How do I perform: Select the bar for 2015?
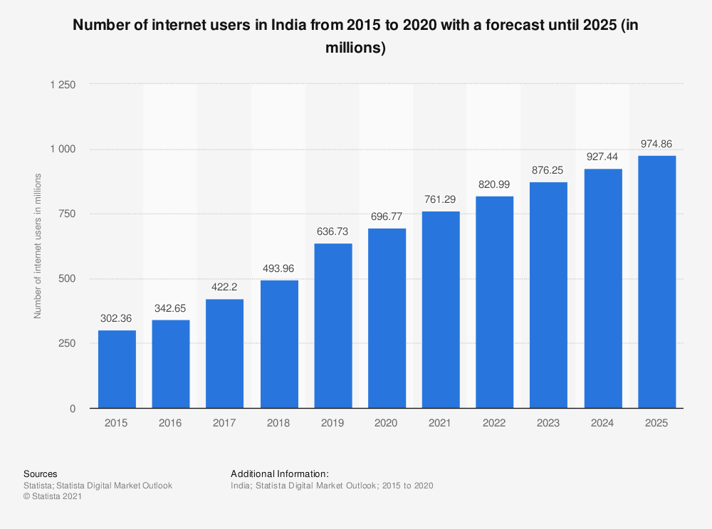click(117, 369)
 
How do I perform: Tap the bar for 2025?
click(657, 282)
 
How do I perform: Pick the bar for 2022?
click(495, 302)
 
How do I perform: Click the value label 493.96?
click(279, 268)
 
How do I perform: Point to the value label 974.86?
click(657, 144)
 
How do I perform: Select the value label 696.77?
click(387, 216)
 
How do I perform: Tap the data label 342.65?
click(171, 308)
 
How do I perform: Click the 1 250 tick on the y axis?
click(63, 84)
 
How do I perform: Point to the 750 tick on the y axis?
click(68, 214)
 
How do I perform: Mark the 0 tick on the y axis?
click(73, 409)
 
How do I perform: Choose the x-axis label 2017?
click(225, 423)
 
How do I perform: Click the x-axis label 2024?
click(603, 423)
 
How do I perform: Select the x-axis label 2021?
click(441, 423)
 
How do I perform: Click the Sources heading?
click(41, 473)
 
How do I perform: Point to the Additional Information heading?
click(280, 473)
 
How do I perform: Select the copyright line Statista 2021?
click(53, 497)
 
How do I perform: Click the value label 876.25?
click(549, 170)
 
